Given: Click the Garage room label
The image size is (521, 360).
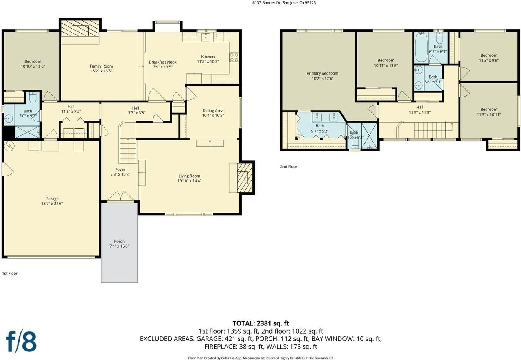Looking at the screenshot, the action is click(52, 199).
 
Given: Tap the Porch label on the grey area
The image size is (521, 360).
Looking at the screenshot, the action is click(119, 241).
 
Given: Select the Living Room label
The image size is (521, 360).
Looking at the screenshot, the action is click(189, 176).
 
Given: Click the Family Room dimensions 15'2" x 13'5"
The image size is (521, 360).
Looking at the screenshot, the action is click(101, 71).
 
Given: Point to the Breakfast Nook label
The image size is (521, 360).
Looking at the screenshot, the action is click(163, 62).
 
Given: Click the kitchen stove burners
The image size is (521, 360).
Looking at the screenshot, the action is click(234, 57).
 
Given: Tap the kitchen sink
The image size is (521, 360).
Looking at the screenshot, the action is click(206, 37).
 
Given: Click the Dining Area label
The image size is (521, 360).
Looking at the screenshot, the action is click(213, 111).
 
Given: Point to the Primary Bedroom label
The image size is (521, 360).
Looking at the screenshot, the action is click(322, 73).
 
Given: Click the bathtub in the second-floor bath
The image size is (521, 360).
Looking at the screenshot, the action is click(421, 48).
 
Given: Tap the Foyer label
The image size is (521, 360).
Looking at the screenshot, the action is click(120, 169).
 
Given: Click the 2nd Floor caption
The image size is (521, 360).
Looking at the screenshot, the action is click(289, 167).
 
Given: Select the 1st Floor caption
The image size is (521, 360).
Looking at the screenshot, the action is click(10, 273).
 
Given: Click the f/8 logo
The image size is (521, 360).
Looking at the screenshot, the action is click(21, 341).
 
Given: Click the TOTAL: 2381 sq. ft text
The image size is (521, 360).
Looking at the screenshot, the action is click(261, 323).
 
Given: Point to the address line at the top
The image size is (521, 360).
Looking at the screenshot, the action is click(284, 3).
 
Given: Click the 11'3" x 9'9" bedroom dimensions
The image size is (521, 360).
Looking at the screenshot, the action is click(489, 60).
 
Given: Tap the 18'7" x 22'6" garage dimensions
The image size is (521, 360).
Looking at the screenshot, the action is click(52, 204).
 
